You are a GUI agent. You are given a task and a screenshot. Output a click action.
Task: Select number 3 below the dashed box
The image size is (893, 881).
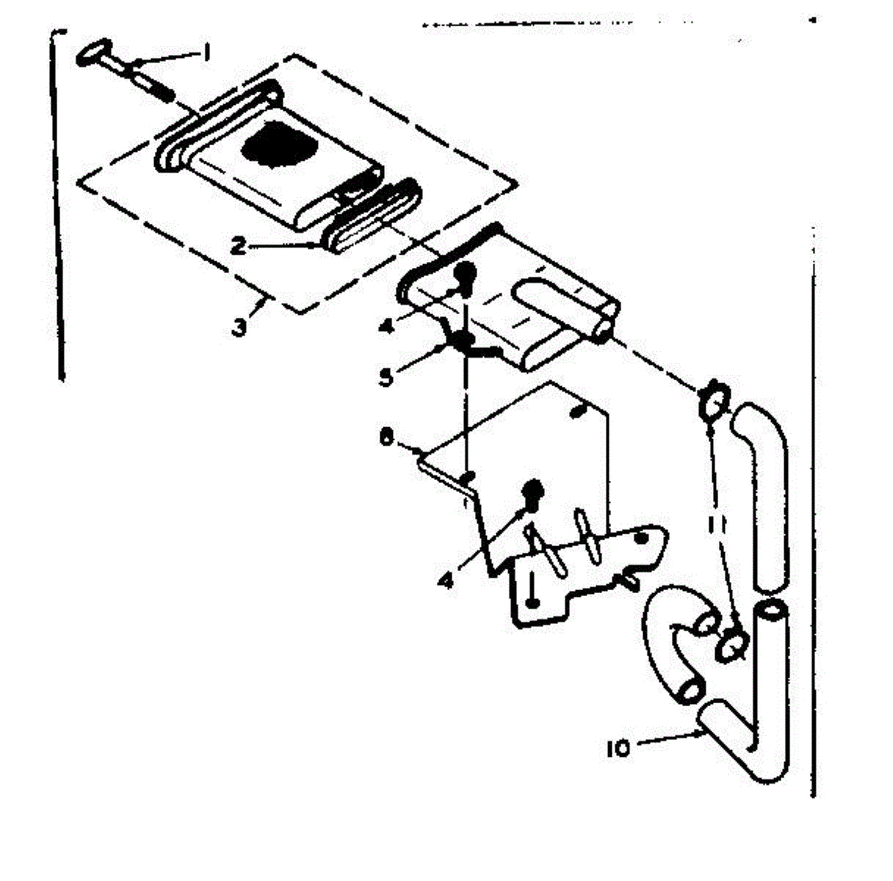pyautogui.click(x=238, y=327)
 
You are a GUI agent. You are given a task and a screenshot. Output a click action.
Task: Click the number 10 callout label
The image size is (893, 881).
pyautogui.click(x=618, y=748)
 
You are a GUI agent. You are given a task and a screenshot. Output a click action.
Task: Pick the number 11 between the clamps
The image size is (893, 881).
pyautogui.click(x=716, y=525)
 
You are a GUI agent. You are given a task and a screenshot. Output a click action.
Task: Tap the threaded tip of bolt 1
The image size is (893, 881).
pyautogui.click(x=166, y=94)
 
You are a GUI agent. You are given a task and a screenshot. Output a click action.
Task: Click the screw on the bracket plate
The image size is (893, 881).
pyautogui.click(x=533, y=492)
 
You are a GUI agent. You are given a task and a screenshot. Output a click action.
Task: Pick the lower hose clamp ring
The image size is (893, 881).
pyautogui.click(x=732, y=644)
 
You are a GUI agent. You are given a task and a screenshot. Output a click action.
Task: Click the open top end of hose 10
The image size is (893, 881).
pyautogui.click(x=769, y=614)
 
